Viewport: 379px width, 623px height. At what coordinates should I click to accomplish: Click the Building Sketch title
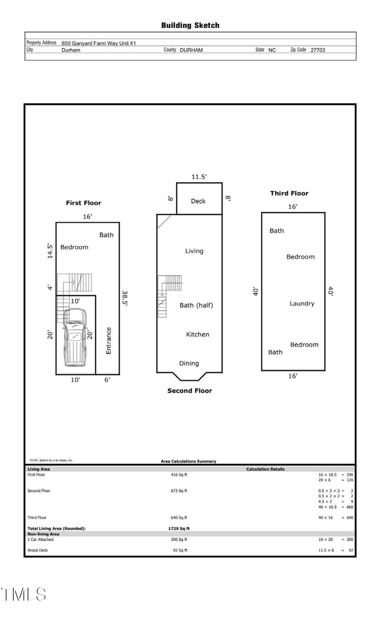pos(190,26)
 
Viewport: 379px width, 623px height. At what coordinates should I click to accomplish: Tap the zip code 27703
pos(317,50)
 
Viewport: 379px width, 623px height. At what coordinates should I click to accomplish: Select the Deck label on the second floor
pos(198,201)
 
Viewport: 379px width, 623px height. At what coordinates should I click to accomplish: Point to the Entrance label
pos(108,341)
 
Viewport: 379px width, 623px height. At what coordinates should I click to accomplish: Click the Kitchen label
pos(198,334)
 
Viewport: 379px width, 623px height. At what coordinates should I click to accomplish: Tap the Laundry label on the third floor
pos(302,304)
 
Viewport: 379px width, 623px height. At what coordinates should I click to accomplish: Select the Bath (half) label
pos(196,306)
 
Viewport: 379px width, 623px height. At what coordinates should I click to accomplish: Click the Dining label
pos(189,363)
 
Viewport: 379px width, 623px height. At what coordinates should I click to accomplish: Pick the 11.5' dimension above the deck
pos(199,177)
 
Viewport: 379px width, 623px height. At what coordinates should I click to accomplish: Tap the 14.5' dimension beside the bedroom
pos(50,251)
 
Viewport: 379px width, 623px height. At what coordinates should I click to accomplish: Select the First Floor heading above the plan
pos(83,203)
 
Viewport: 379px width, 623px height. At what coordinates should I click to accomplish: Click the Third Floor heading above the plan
pos(289,193)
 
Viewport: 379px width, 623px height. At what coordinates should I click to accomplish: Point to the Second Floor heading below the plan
pos(189,391)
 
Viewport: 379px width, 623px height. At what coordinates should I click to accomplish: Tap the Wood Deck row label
pos(38,550)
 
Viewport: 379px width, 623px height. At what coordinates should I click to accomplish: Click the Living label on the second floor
pos(194,251)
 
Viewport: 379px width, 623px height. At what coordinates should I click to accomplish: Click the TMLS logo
pos(24,595)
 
